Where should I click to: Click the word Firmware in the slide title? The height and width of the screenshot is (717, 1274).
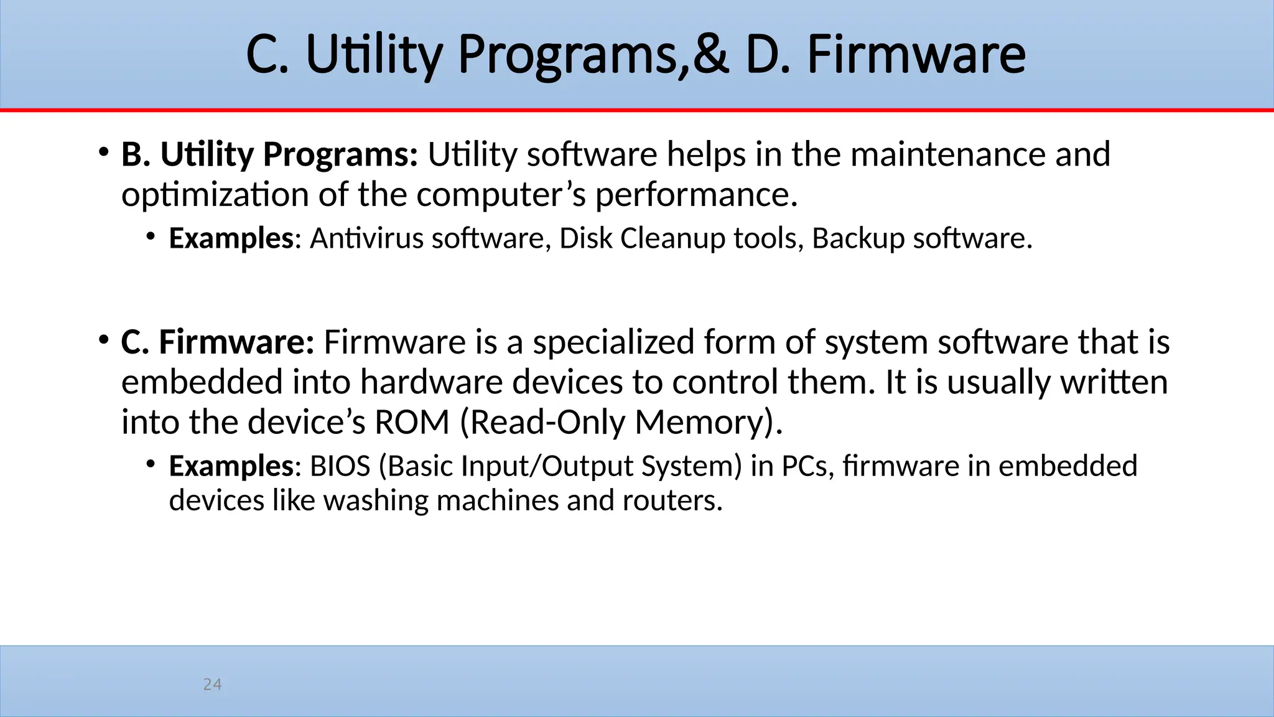pos(916,55)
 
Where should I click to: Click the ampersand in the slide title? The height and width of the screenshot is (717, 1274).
pos(710,55)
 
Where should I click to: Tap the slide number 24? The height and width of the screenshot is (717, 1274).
pos(212,685)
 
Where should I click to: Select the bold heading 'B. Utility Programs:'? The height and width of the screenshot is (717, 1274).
pos(269,154)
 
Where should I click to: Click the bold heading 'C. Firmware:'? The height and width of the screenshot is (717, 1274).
pos(218,342)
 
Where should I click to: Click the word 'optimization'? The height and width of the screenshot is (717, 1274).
pos(215,195)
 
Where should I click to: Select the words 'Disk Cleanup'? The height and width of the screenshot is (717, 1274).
pos(642,238)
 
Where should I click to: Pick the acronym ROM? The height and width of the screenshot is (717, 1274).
pos(411,423)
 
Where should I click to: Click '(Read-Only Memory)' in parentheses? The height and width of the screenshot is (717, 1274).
pos(620,423)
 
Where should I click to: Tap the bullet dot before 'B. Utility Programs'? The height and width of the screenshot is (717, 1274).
pos(103,152)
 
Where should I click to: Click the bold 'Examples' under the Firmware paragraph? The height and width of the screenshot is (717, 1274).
pos(231,466)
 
